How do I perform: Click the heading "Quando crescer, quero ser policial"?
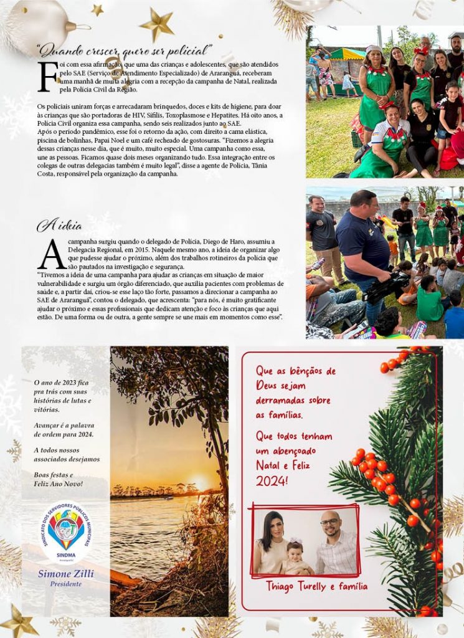(x=125, y=49)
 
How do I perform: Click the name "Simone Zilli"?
(x=65, y=574)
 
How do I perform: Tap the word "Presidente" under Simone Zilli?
(x=65, y=584)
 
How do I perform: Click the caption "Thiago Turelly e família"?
(x=316, y=586)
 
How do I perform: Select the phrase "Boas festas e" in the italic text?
(x=54, y=475)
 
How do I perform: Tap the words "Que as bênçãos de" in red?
(x=296, y=371)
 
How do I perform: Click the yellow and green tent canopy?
(x=348, y=54)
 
